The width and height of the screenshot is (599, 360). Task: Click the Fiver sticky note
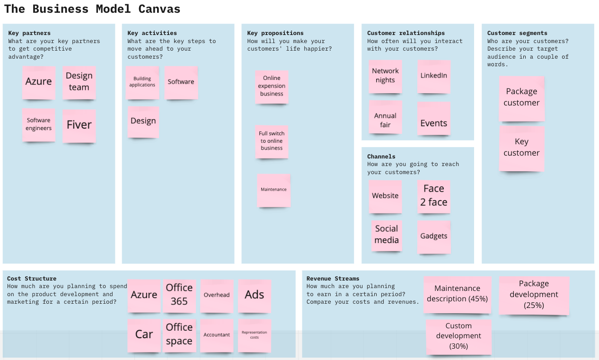[x=79, y=125]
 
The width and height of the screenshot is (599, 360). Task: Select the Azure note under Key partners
[x=39, y=82]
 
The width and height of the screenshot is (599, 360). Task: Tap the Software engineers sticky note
[x=39, y=124]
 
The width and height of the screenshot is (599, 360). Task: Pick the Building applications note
[x=142, y=82]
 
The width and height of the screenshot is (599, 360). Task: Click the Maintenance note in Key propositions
[x=273, y=190]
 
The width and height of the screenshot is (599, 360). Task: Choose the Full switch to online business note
[x=272, y=141]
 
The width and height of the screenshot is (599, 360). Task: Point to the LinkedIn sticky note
[x=433, y=76]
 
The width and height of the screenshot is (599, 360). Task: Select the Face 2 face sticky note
[x=433, y=196]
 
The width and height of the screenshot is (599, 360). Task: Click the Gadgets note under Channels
[x=433, y=237]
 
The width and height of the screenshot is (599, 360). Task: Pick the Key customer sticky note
[x=521, y=148]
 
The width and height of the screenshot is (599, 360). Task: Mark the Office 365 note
[x=179, y=295]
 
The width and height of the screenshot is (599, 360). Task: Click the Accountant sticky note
[x=217, y=335]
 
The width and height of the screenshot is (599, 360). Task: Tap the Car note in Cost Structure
[x=144, y=335]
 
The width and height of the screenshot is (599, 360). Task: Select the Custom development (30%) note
[x=458, y=336]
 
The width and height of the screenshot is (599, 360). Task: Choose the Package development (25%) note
[x=534, y=295]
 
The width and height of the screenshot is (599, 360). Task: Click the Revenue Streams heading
[x=333, y=279]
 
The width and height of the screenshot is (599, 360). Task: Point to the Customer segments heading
[x=517, y=33]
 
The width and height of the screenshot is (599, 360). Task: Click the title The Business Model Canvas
[x=92, y=9]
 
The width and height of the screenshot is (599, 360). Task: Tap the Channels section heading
[x=381, y=157]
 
